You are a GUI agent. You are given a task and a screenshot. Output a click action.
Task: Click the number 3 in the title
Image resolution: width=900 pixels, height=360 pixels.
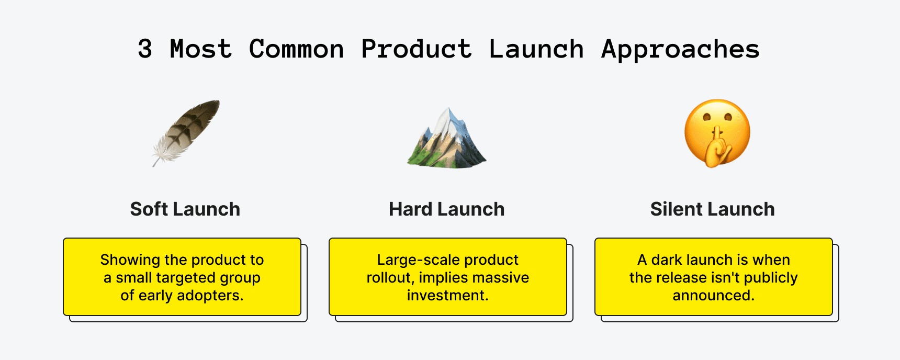point(145,49)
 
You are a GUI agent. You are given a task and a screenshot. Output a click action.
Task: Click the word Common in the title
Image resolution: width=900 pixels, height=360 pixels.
point(296,49)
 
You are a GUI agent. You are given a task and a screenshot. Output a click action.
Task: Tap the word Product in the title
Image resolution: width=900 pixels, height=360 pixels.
point(417,49)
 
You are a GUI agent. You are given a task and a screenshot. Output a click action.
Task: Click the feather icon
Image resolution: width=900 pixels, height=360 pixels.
point(186,133)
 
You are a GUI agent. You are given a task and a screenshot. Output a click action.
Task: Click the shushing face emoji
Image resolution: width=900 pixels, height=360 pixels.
point(717,133)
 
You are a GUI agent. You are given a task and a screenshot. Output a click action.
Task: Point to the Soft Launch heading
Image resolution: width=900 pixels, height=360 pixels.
point(185,209)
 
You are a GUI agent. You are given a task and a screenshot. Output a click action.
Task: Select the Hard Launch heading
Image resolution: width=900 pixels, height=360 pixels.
point(447,209)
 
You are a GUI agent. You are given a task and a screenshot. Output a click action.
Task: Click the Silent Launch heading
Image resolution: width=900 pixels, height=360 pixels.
point(713,209)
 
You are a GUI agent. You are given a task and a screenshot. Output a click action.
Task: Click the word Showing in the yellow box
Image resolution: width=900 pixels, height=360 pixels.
point(130,261)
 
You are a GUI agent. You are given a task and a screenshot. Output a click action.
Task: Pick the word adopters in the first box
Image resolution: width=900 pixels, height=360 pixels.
point(210,296)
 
